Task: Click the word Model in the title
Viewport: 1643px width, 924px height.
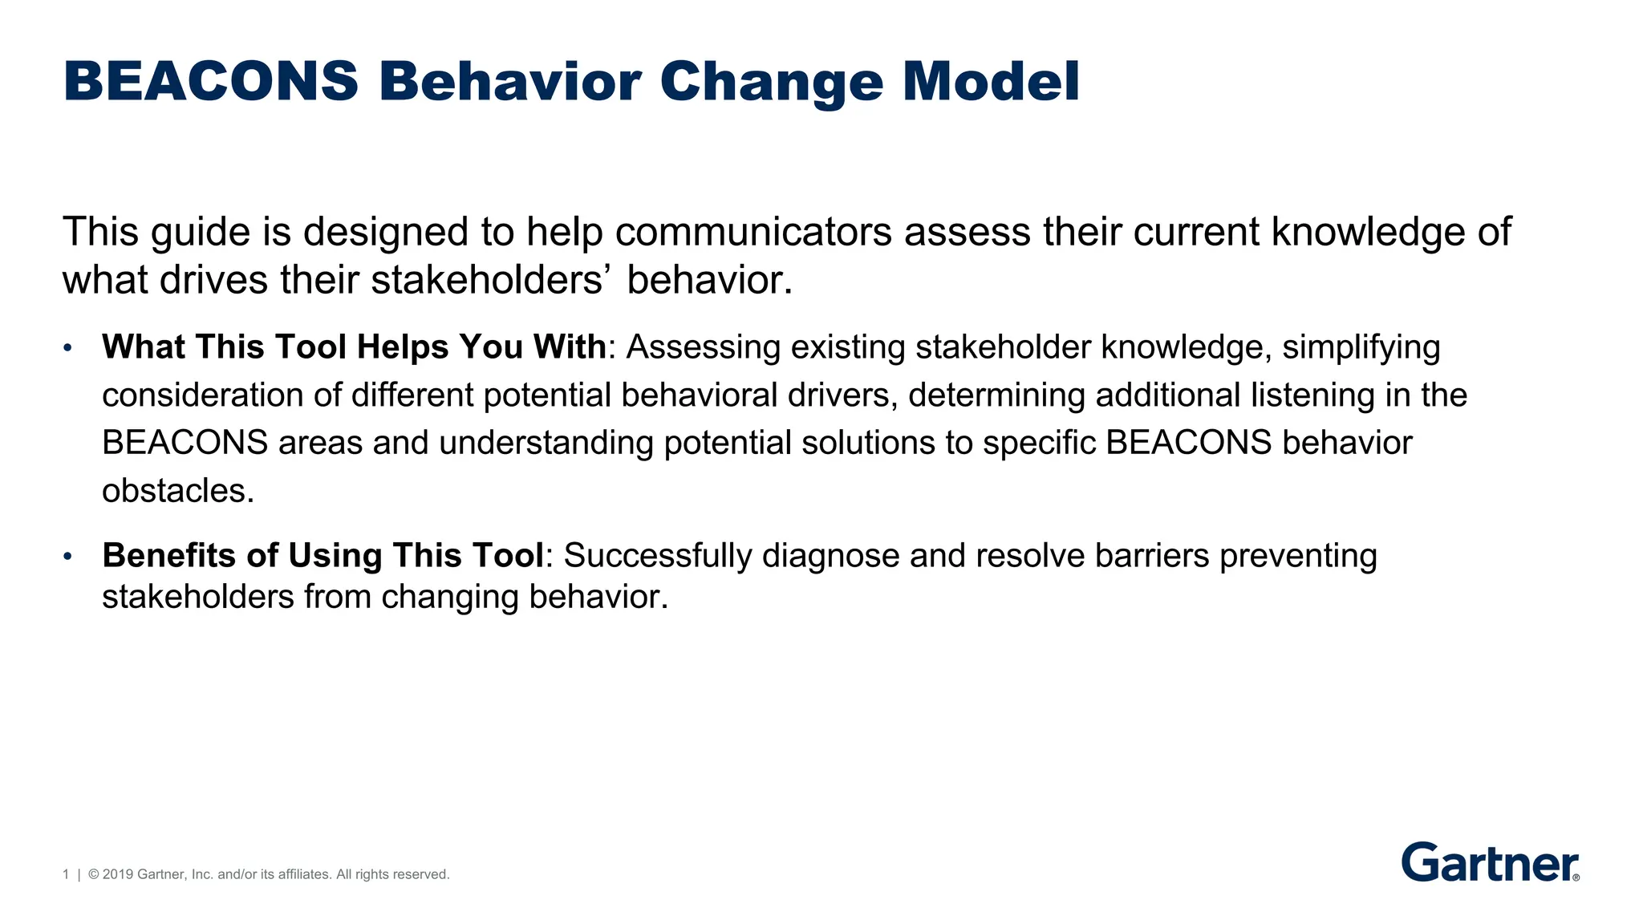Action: pyautogui.click(x=991, y=82)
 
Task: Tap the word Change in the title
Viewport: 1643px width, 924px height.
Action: pyautogui.click(x=771, y=83)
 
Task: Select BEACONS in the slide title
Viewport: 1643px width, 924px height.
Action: pyautogui.click(x=211, y=82)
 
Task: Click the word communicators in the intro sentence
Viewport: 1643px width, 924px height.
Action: pyautogui.click(x=753, y=232)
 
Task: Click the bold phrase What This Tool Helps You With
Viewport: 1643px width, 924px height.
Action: pyautogui.click(x=354, y=347)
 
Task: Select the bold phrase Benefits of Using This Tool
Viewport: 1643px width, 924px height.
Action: pyautogui.click(x=323, y=555)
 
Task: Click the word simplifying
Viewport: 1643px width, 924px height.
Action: pyautogui.click(x=1361, y=348)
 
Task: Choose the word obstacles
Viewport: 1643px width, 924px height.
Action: pyautogui.click(x=177, y=491)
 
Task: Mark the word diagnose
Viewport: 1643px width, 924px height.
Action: pyautogui.click(x=830, y=556)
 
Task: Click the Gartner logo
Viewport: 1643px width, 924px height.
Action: pyautogui.click(x=1490, y=862)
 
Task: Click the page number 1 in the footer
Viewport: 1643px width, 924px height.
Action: pyautogui.click(x=66, y=874)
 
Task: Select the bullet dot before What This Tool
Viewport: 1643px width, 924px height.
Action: pyautogui.click(x=68, y=348)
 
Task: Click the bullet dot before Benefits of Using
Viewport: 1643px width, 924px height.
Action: pyautogui.click(x=68, y=556)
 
